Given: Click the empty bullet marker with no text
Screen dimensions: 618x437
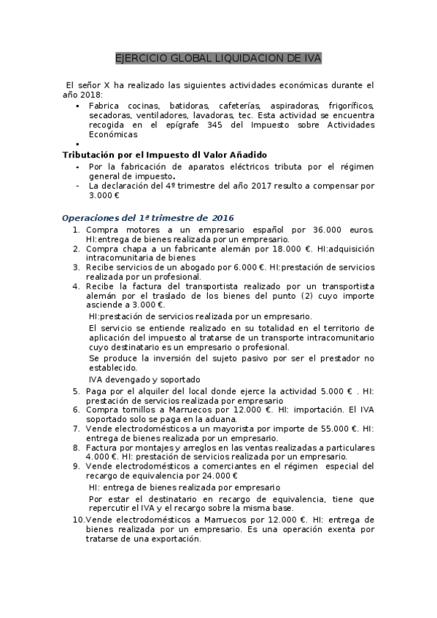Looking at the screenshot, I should pyautogui.click(x=77, y=144).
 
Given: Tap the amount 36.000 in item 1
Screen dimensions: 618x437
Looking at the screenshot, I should pyautogui.click(x=313, y=230).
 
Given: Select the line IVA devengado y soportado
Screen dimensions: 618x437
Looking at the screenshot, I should pyautogui.click(x=144, y=380).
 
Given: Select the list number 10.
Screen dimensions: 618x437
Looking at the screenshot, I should pyautogui.click(x=77, y=520).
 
